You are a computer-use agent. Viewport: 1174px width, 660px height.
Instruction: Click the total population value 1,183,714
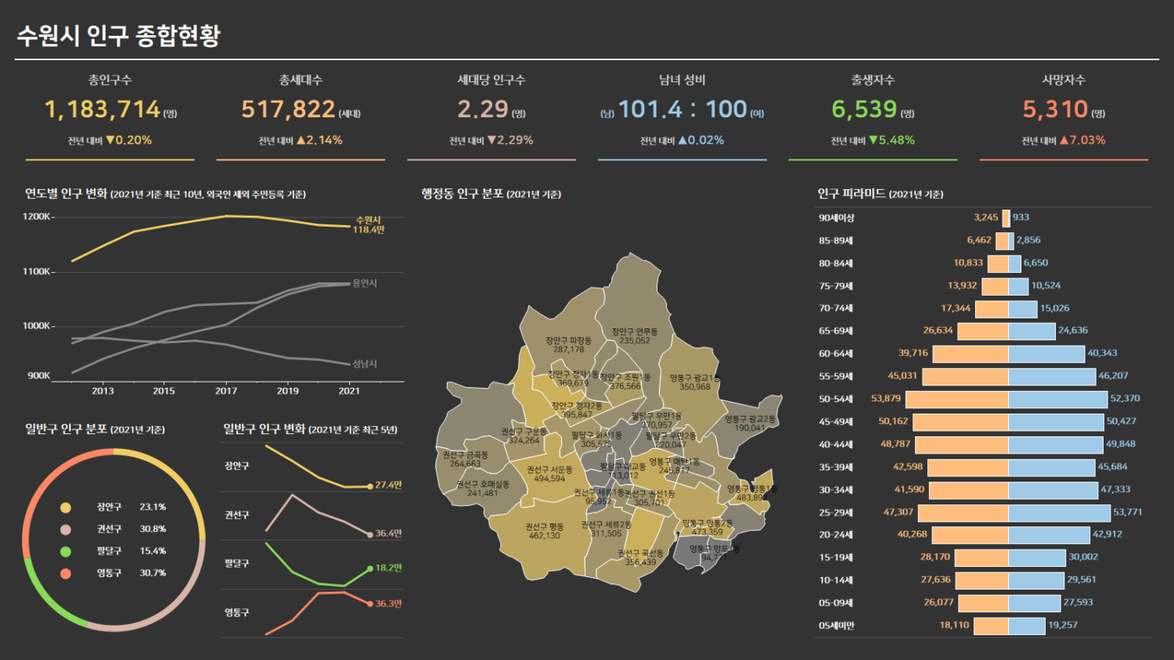click(x=103, y=109)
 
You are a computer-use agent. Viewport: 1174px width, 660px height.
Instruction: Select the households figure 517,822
click(x=288, y=109)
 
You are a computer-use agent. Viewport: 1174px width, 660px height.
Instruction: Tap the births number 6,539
click(x=864, y=109)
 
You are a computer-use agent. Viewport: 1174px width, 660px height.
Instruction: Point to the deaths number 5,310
click(x=1055, y=109)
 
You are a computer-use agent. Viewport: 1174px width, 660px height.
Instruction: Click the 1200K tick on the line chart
click(x=37, y=217)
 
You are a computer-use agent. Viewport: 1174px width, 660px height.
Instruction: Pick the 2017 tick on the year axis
click(x=226, y=391)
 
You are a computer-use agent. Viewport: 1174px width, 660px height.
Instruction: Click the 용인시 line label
click(x=365, y=283)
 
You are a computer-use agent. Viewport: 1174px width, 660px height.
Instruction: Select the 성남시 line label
click(x=365, y=364)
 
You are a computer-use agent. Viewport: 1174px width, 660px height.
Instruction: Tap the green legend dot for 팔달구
click(x=66, y=551)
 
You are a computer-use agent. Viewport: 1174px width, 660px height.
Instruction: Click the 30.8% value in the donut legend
click(x=153, y=529)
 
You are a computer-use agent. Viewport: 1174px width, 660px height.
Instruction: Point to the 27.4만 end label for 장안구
click(x=388, y=485)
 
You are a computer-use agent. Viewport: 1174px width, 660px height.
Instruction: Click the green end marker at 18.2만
click(x=370, y=569)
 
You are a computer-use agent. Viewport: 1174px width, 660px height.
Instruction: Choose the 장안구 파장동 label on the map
click(x=569, y=345)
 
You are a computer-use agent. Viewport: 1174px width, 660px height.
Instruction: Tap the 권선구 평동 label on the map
click(x=545, y=531)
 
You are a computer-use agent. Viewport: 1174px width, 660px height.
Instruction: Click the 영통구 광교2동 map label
click(x=750, y=423)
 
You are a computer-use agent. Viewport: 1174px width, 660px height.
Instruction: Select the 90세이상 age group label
click(x=837, y=218)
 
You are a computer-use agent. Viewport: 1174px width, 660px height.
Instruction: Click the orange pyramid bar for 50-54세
click(x=956, y=399)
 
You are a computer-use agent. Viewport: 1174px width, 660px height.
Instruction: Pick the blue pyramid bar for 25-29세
click(x=1060, y=513)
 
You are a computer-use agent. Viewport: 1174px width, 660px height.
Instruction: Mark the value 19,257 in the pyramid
click(x=1063, y=626)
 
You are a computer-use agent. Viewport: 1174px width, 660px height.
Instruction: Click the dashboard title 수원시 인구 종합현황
click(x=119, y=35)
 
